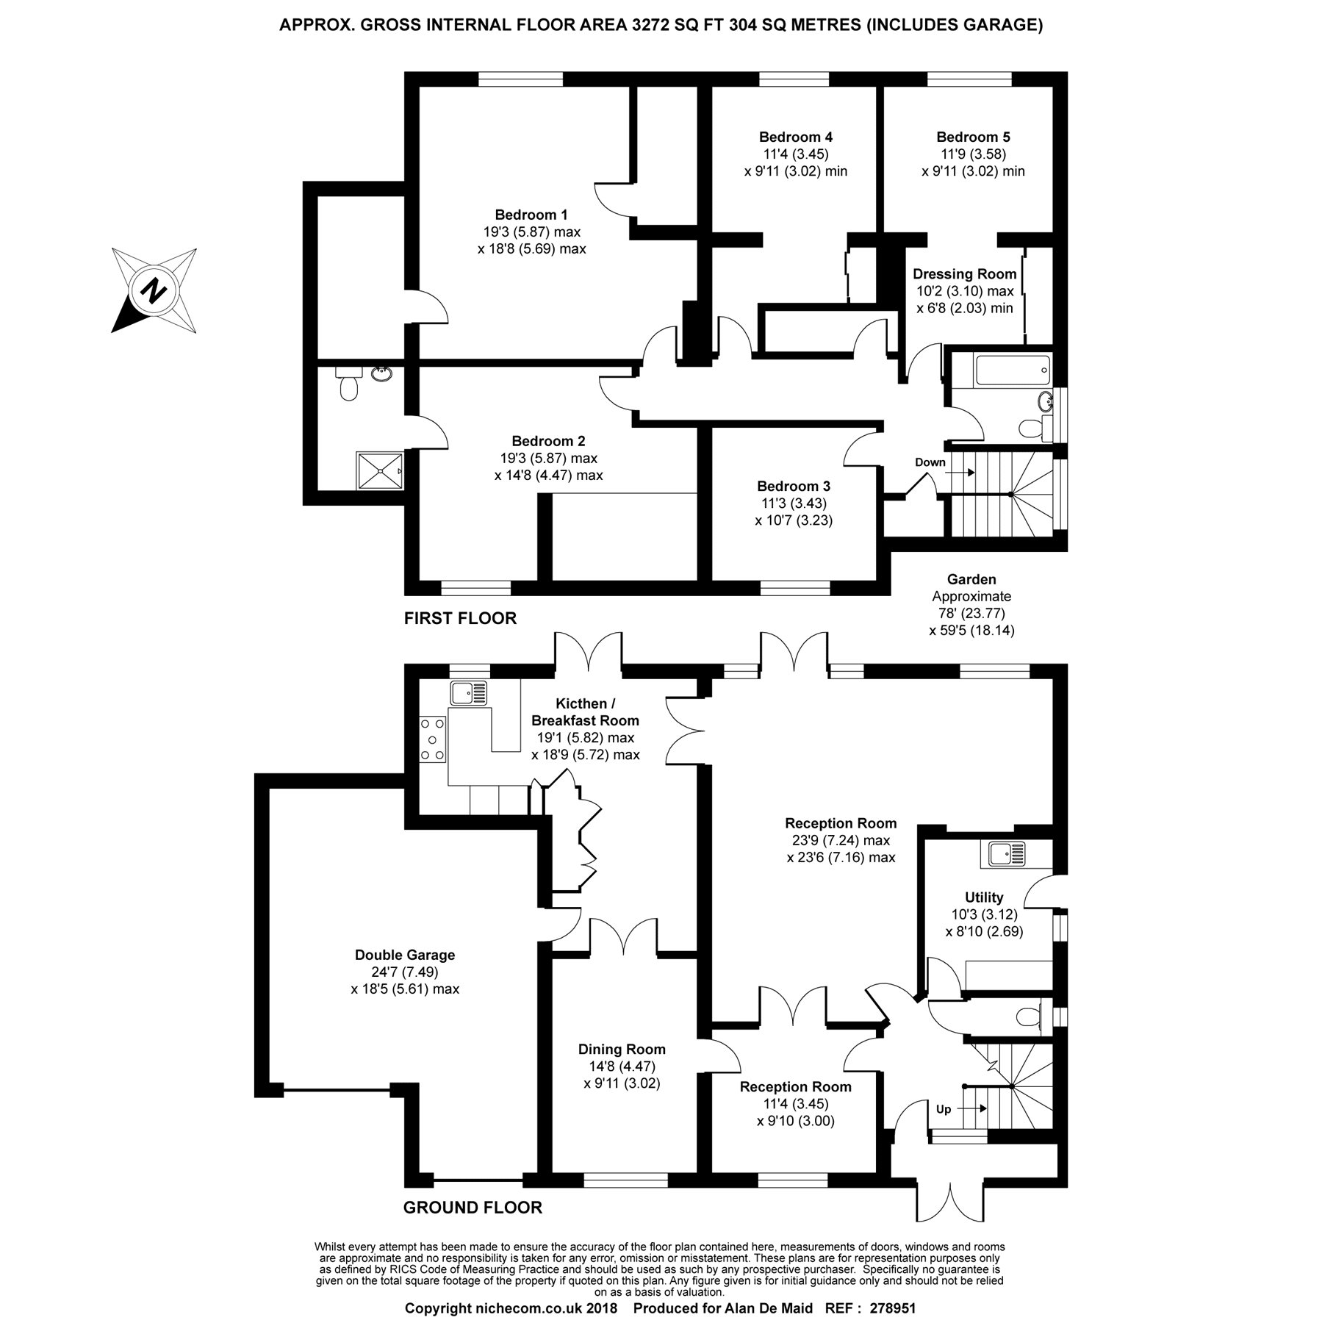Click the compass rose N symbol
click(154, 291)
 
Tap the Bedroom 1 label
click(531, 215)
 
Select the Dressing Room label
click(964, 274)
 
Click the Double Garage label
click(405, 955)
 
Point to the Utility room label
click(983, 897)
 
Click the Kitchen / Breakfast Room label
click(585, 712)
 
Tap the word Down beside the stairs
click(930, 462)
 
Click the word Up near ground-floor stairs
click(944, 1109)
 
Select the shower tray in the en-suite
click(380, 470)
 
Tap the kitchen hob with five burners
click(432, 739)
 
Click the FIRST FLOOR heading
click(460, 618)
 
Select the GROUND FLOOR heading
click(473, 1208)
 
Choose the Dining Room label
click(622, 1050)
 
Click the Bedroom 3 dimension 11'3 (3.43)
click(794, 503)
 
